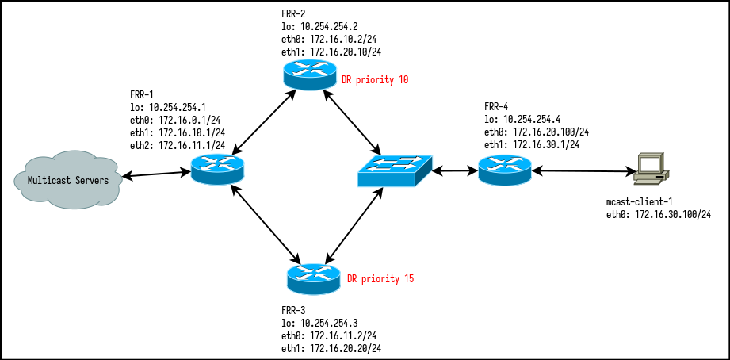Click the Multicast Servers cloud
click(x=67, y=179)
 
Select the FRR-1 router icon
click(x=218, y=168)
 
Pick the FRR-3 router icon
click(x=314, y=277)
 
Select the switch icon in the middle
click(x=394, y=170)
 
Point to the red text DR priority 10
click(x=375, y=80)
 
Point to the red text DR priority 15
click(x=380, y=279)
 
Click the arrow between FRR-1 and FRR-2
click(x=263, y=121)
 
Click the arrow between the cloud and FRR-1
click(x=155, y=173)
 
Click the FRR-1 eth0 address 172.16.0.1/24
click(x=178, y=120)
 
